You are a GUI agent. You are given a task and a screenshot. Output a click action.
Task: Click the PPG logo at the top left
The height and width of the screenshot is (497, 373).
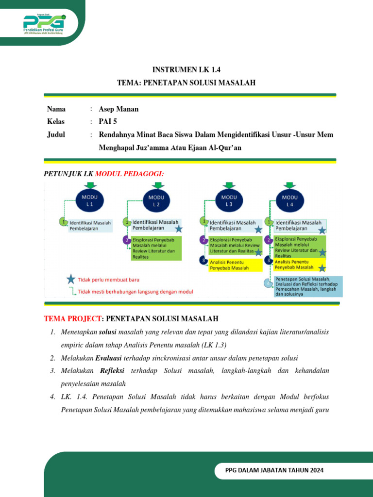[x=44, y=24]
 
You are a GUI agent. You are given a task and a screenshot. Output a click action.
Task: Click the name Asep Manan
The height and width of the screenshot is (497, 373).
[x=119, y=109]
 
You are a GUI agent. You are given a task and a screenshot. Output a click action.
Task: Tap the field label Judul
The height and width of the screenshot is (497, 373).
[x=56, y=134]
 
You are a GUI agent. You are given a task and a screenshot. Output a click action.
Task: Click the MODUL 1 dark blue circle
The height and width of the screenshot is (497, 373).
[x=90, y=201]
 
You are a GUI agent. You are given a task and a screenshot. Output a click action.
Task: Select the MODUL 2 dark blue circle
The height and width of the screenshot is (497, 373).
[x=156, y=201]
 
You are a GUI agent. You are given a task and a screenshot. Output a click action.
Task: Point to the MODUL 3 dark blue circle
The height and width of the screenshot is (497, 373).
[x=229, y=200]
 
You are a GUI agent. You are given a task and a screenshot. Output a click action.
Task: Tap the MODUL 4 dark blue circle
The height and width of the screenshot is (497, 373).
[x=290, y=200]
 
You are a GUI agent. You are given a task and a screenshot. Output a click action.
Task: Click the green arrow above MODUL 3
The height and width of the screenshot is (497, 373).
[x=229, y=186]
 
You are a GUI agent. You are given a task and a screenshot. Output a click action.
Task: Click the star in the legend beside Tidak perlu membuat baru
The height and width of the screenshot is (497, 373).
[x=71, y=279]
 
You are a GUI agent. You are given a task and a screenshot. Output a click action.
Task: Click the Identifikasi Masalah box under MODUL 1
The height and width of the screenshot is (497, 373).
[x=90, y=225]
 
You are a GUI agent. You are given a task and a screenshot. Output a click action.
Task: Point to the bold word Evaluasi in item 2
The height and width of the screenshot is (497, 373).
[x=109, y=358]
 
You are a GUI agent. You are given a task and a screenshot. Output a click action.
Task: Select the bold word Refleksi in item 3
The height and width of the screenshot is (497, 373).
[x=112, y=371]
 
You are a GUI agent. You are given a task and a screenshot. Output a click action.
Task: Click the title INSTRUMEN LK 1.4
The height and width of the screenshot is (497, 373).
[x=186, y=70]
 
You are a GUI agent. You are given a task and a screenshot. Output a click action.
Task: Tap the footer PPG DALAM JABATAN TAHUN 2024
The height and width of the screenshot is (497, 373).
[x=274, y=470]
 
